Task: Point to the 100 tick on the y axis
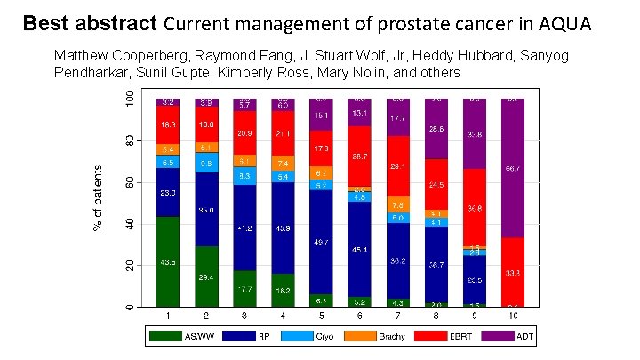(130, 98)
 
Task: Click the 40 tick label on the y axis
(130, 224)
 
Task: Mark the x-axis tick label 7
(398, 316)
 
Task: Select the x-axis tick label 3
(244, 316)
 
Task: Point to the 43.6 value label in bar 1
(168, 262)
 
